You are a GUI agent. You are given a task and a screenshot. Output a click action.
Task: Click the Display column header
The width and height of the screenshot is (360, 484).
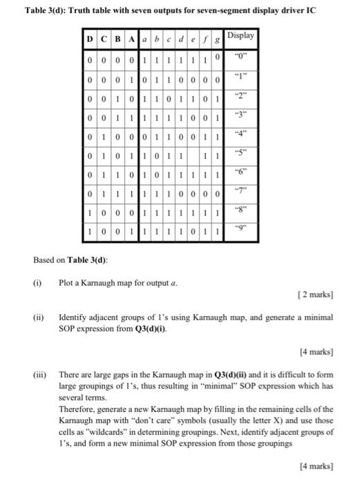pos(240,35)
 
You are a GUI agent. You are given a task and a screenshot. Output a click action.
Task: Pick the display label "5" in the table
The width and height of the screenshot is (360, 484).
pos(240,153)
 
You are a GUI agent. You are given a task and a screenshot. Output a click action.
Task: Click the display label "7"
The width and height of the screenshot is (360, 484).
pos(240,189)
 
